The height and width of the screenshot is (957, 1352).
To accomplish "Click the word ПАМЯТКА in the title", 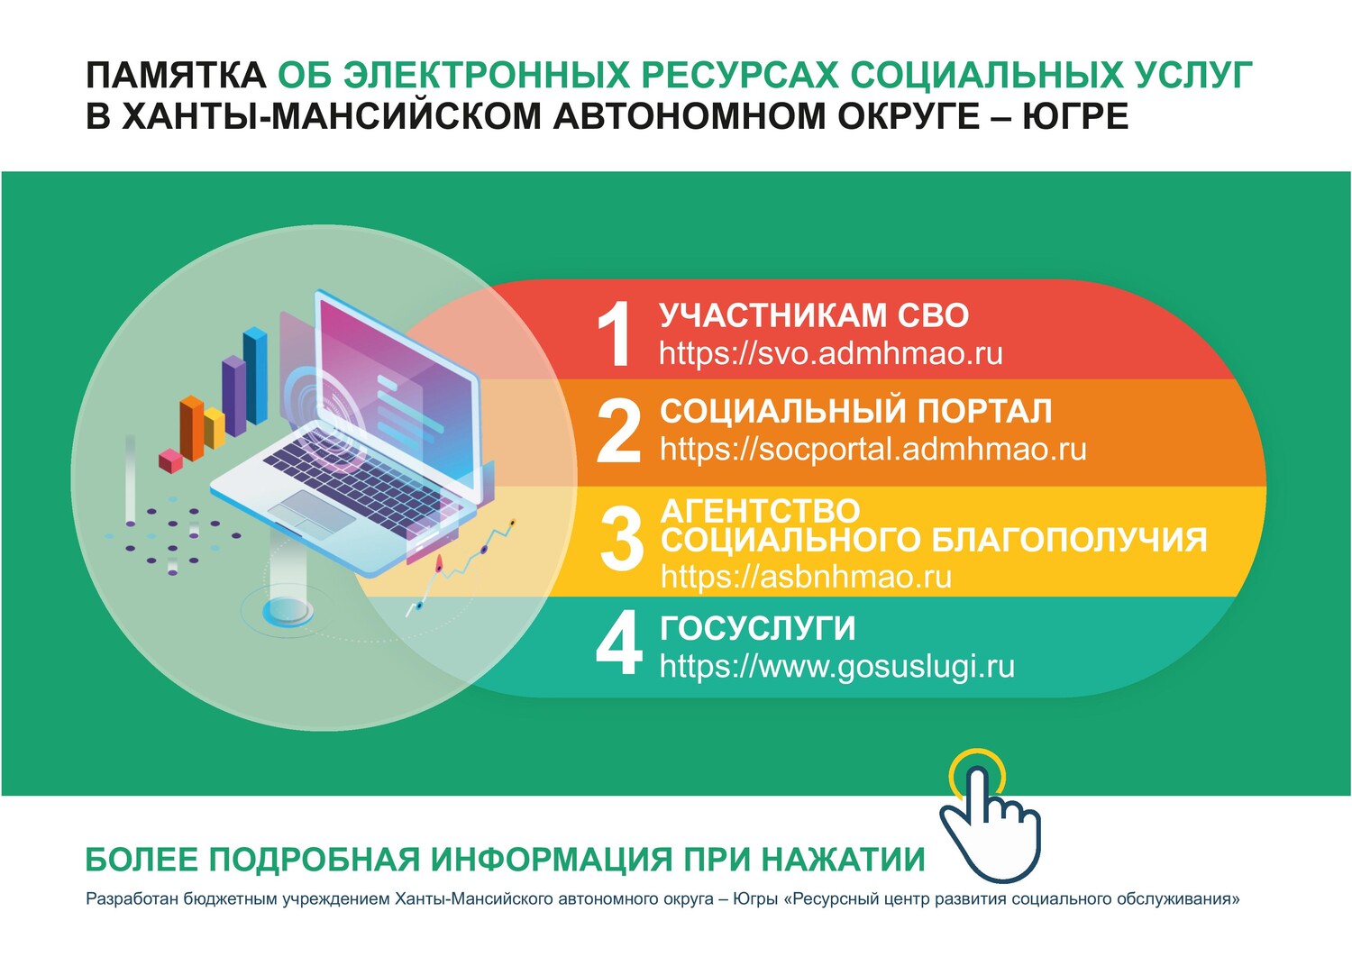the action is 176,76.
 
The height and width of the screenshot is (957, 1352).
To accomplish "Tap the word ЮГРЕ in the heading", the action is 1075,116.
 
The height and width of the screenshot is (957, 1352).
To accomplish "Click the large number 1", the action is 614,333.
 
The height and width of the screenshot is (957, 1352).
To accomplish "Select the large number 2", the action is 618,431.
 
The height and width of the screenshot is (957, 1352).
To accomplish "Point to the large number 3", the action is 622,538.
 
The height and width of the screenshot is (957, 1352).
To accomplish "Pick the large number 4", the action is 619,643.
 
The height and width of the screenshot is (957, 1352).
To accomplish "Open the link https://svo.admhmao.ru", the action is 830,353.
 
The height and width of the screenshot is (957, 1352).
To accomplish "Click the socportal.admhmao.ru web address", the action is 872,450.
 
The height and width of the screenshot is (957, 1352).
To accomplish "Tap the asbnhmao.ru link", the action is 806,576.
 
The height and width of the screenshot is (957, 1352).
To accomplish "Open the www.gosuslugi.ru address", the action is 837,667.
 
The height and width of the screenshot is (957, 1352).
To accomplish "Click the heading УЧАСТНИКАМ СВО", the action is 814,315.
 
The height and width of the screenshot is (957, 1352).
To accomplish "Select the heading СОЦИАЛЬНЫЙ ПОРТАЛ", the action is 856,412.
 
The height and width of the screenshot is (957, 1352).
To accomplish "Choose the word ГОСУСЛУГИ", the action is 758,628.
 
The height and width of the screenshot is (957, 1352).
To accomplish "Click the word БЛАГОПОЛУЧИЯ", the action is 1069,539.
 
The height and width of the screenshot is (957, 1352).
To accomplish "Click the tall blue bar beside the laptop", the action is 255,375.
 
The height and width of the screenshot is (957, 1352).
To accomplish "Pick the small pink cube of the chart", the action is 170,460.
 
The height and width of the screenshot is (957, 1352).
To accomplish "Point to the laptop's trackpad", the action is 312,515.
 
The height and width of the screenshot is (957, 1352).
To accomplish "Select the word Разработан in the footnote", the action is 132,899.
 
